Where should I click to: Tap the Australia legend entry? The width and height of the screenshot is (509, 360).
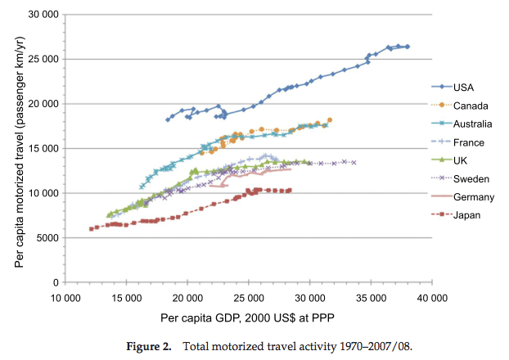coord(472,124)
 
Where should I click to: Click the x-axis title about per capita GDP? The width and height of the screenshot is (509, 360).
coord(248,316)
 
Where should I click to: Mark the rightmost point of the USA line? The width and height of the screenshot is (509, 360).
coord(407,47)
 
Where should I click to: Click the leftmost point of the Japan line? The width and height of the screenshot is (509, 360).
coord(91,229)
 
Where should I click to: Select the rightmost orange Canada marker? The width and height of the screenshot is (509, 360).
coord(329,120)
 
